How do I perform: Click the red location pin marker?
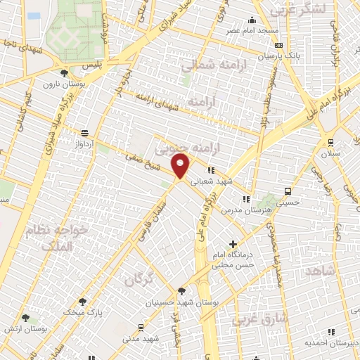coord(181,167)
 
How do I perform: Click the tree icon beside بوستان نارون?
coord(65,72)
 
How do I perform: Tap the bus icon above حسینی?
coord(288,191)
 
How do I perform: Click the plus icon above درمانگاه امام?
coord(233,244)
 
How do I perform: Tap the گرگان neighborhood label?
coord(139,279)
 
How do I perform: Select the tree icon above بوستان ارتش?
coord(25,319)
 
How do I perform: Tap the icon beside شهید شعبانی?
coord(210,170)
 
